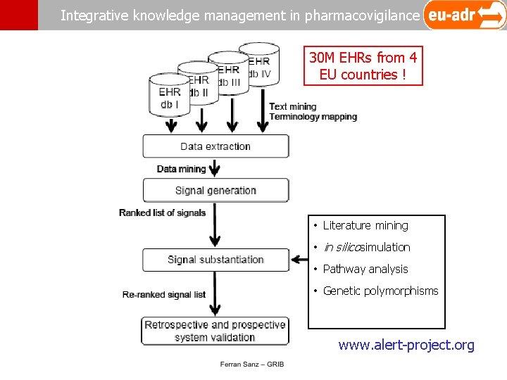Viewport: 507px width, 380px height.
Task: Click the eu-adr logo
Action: click(464, 15)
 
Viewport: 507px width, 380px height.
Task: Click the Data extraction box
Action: click(215, 146)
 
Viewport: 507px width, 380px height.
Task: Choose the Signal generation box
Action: click(215, 190)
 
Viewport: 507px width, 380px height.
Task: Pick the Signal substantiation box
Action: click(215, 260)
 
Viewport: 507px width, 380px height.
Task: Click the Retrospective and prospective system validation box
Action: click(215, 331)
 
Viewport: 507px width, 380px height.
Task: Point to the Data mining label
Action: click(181, 169)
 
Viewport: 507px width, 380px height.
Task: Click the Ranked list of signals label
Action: click(162, 213)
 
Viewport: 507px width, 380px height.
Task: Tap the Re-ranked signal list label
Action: click(164, 294)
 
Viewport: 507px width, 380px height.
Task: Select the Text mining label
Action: click(293, 107)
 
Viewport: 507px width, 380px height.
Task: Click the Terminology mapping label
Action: click(313, 117)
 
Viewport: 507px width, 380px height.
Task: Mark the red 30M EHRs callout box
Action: click(363, 66)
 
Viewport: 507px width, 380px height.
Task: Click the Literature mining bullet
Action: click(365, 225)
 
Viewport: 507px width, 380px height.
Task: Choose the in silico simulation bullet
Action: click(366, 247)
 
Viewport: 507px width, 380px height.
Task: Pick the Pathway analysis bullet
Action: click(365, 269)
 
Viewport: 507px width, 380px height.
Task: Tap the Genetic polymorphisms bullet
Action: click(380, 291)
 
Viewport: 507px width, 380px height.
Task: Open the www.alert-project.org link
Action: click(406, 345)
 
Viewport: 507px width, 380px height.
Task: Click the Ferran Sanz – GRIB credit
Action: click(252, 364)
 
